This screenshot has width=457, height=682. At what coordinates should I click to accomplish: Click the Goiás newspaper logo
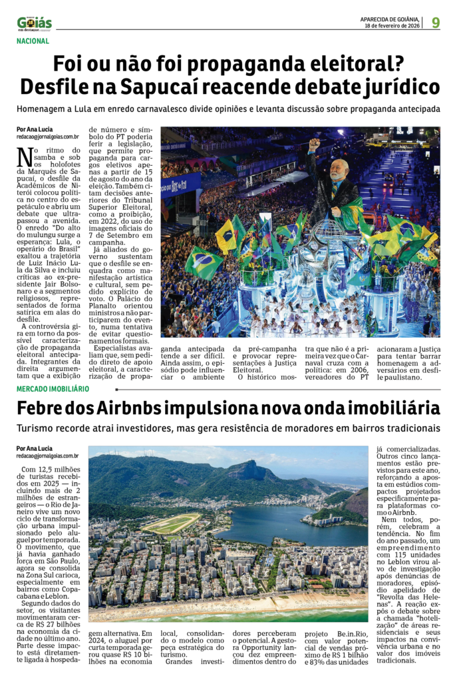[x=35, y=24]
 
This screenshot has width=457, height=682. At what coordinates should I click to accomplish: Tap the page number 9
[x=436, y=23]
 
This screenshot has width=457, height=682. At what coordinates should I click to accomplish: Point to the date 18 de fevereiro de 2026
[x=392, y=26]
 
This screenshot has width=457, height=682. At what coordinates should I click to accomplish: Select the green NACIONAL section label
[x=33, y=41]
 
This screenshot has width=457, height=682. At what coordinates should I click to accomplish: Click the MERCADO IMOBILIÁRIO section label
[x=53, y=388]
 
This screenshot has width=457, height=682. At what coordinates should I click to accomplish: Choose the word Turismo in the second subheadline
[x=38, y=428]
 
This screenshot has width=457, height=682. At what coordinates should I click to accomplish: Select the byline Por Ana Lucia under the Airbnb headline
[x=35, y=448]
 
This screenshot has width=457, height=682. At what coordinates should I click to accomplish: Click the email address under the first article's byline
[x=48, y=137]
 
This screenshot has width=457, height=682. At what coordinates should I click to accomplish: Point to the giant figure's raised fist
[x=314, y=143]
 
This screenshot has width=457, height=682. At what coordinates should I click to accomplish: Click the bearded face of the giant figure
[x=339, y=171]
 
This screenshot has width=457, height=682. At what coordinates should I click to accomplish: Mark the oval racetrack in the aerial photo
[x=172, y=523]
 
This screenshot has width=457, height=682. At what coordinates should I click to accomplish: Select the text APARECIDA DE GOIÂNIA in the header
[x=389, y=19]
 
